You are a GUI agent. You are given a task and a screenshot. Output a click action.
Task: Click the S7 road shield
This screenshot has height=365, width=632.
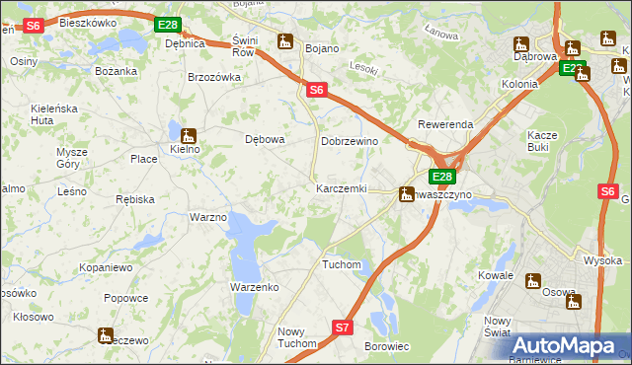pos(342,327)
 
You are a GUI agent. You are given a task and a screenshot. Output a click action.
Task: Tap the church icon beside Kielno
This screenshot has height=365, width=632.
pos(188,135)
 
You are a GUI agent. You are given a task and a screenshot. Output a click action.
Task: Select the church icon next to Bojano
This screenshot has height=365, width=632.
pos(286,41)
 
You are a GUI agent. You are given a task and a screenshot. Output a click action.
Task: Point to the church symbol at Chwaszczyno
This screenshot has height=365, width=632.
pos(406,194)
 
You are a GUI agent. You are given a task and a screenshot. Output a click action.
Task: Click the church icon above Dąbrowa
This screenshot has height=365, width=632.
pos(521,44)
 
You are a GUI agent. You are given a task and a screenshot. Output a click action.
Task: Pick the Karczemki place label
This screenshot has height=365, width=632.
pos(341,188)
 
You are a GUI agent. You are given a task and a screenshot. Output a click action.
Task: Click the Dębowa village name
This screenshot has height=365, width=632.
pos(265,139)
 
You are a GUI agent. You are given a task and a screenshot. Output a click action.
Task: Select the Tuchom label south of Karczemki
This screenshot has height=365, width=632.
pos(342,265)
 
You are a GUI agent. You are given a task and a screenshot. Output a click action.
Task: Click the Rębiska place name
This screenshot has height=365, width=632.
pos(135,199)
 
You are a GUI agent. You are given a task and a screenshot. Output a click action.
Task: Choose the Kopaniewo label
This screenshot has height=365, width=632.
pos(107,267)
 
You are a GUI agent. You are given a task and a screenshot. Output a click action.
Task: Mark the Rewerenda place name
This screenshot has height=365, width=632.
pos(445,125)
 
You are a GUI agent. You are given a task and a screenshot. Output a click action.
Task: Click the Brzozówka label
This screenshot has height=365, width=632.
pos(214,77)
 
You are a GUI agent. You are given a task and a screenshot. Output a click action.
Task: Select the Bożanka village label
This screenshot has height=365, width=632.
pos(115,71)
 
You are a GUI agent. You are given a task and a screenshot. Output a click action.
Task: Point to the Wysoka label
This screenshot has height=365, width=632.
pos(602,260)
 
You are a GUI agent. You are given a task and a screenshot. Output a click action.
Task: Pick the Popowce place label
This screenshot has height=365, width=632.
pos(125,298)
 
